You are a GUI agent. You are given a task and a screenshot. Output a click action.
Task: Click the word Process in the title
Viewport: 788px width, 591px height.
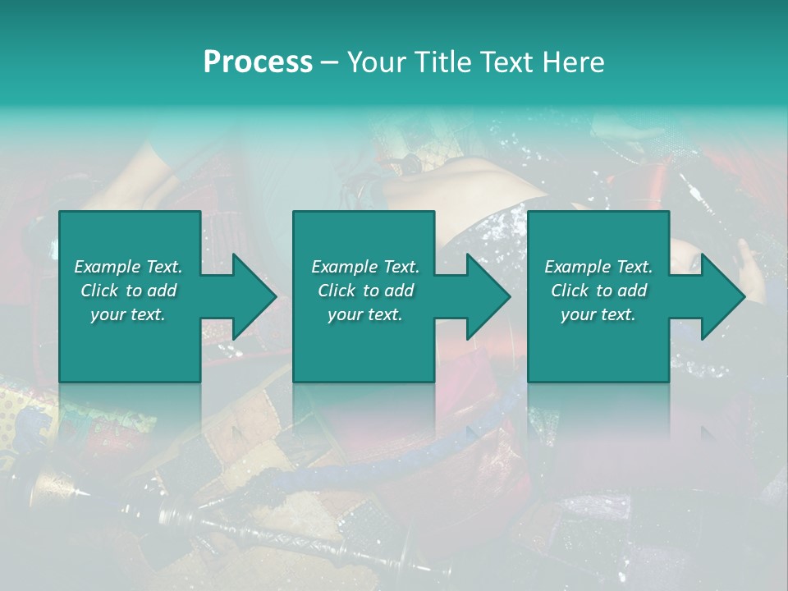coord(258,62)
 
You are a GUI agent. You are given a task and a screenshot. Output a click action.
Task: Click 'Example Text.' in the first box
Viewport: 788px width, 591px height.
coord(128,267)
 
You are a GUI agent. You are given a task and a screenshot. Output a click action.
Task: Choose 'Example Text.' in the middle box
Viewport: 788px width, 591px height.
coord(365,267)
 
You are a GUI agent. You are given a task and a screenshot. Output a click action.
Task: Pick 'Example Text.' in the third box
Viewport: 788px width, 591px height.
coord(598,267)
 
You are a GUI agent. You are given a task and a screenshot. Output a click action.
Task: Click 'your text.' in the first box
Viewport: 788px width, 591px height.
coord(128,314)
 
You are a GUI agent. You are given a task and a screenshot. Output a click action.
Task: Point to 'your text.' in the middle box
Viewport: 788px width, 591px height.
coord(365,314)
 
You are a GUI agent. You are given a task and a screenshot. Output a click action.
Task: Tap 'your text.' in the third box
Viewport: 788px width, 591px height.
coord(598,314)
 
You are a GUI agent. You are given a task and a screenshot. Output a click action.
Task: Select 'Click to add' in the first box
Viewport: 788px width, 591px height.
coord(128,291)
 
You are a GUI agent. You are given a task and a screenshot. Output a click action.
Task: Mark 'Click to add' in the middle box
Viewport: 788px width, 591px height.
coord(365,291)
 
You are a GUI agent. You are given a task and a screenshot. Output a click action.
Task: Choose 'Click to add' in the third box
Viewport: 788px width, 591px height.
coord(598,291)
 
